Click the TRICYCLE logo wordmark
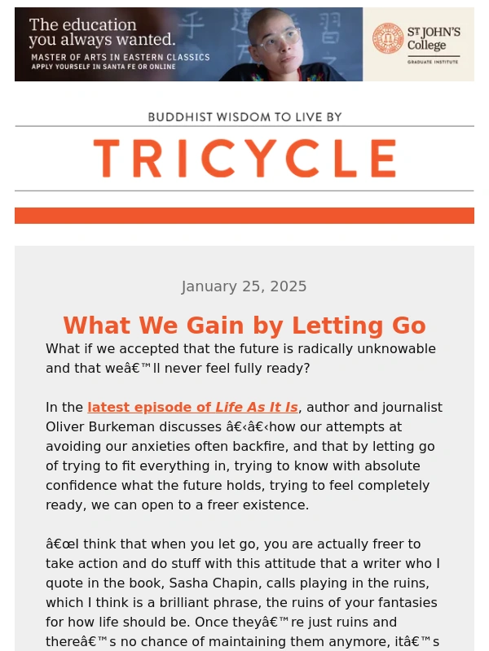coord(244,159)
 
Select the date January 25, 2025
coord(244,286)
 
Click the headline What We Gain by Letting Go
coord(244,325)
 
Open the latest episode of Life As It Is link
coord(192,407)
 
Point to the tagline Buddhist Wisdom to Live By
coord(244,117)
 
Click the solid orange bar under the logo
coord(244,216)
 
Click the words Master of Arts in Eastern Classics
coord(120,57)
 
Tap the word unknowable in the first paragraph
coord(390,348)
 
